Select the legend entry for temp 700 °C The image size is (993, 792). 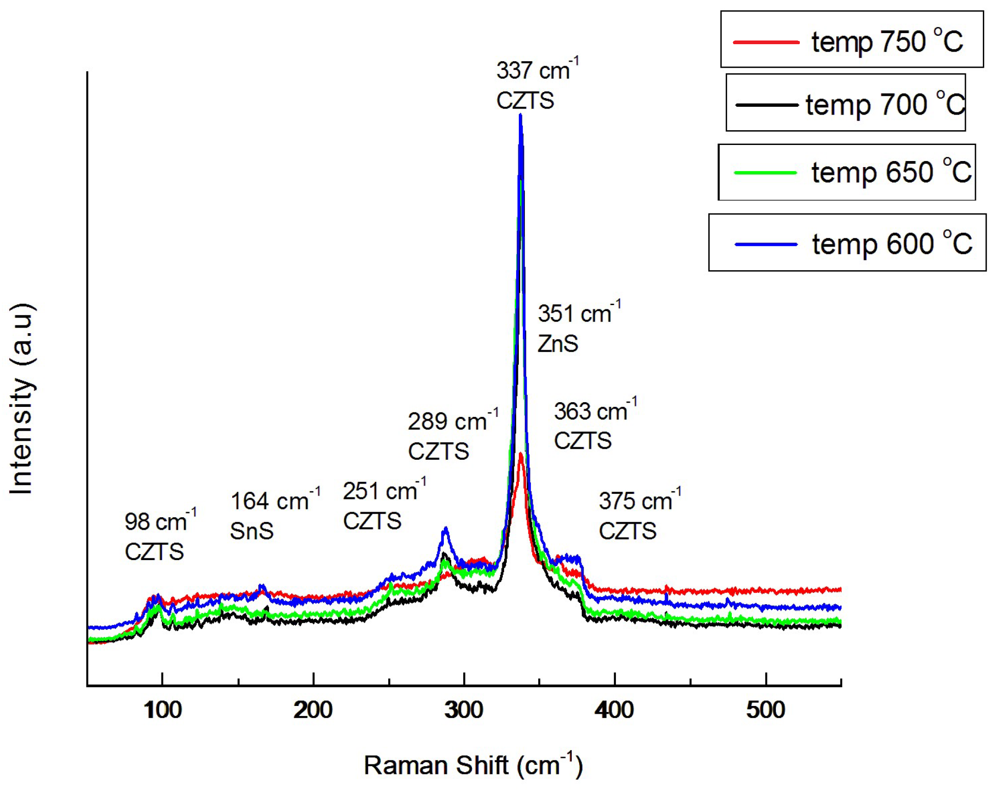[x=846, y=103]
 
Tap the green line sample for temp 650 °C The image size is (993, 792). [x=765, y=173]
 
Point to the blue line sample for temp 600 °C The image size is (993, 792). [x=766, y=244]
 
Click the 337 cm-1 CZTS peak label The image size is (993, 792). [x=537, y=85]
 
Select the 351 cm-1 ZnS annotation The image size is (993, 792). [x=579, y=328]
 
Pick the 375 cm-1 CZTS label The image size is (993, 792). [x=639, y=515]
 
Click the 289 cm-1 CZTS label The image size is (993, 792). [x=452, y=436]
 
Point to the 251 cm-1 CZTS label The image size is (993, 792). [x=384, y=505]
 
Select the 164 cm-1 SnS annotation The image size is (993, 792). [x=275, y=515]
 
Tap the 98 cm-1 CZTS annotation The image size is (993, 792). [x=160, y=536]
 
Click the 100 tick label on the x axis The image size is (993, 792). [x=162, y=710]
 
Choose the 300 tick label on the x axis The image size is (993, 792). [x=464, y=710]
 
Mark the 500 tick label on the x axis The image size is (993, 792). [x=765, y=710]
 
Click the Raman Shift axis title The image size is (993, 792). [x=473, y=765]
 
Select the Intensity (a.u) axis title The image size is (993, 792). [x=22, y=399]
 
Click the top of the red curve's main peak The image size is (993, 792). [x=521, y=454]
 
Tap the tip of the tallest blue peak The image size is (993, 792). [x=521, y=115]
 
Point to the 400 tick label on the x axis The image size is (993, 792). [x=614, y=710]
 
